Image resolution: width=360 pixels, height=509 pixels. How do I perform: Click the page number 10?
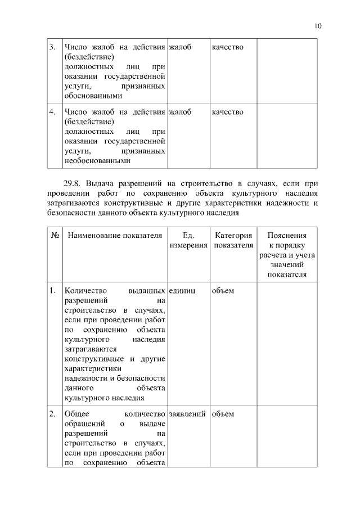318,25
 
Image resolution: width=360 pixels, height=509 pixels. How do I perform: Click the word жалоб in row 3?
180,47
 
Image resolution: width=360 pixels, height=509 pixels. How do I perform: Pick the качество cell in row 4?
227,112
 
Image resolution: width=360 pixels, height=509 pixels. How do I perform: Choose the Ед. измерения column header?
188,240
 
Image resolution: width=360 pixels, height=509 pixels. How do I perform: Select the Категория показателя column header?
233,240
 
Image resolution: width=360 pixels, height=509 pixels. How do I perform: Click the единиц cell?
182,291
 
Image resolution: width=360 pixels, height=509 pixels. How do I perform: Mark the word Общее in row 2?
78,414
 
